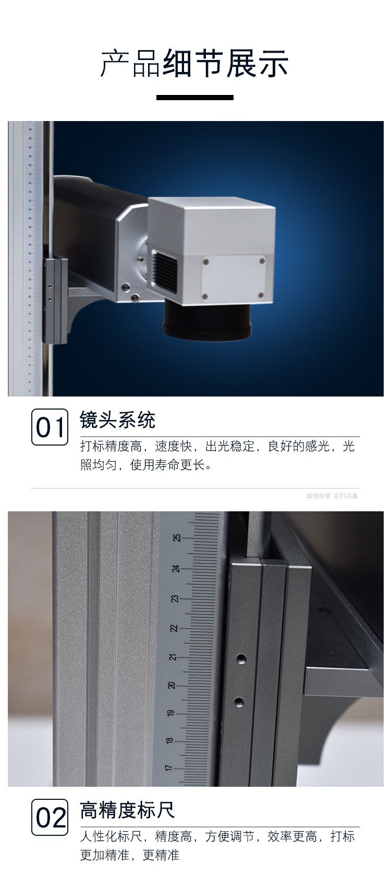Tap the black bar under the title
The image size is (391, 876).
(x=195, y=98)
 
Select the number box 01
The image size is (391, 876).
(x=50, y=427)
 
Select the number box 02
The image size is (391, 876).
(x=50, y=817)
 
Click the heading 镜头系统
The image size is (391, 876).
(x=118, y=419)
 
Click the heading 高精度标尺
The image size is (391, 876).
(x=127, y=810)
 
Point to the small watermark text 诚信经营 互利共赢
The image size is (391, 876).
(x=332, y=496)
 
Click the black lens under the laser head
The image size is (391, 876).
(x=207, y=320)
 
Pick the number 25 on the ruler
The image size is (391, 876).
(x=176, y=538)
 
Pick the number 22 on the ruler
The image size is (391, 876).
(x=174, y=628)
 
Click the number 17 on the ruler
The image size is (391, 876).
(x=168, y=768)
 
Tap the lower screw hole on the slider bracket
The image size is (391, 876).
(x=238, y=701)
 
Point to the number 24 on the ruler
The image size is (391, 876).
(x=176, y=568)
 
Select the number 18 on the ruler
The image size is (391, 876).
(x=169, y=740)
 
